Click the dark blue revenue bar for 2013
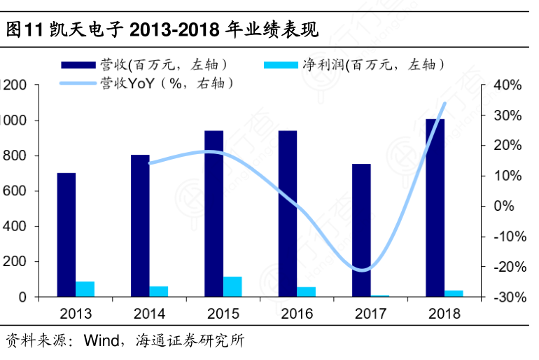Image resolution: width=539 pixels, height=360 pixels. point(66,235)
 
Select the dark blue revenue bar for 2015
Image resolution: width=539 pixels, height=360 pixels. point(213,214)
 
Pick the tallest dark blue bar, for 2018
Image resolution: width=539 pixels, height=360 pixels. point(435,207)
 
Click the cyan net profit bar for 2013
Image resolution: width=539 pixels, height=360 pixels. point(85,289)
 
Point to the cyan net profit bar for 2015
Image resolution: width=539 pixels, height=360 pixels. point(232,286)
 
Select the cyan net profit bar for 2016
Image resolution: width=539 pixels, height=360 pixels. point(306,291)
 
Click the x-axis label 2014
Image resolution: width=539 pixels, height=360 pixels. point(149,314)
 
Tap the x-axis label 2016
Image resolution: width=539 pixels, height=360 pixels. point(297,314)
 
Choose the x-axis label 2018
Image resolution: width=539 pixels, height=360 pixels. point(444,314)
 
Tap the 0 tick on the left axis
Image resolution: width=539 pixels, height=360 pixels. point(23,297)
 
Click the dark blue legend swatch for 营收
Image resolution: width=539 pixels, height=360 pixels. point(77,64)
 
